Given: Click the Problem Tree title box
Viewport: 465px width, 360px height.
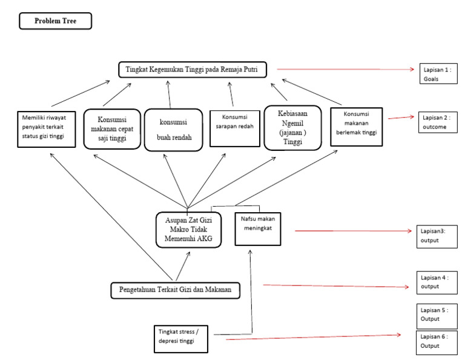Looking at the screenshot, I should tap(55, 22).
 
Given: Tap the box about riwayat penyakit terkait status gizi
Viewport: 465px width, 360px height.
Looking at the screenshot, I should tap(47, 129).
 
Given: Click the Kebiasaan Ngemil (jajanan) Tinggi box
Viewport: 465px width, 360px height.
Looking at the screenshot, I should tap(292, 127).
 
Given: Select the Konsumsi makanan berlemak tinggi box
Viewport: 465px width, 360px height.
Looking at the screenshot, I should tap(358, 127).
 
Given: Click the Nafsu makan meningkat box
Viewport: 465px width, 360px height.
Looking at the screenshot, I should tap(258, 227).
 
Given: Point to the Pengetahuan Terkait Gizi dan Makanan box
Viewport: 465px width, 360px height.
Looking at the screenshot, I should tap(175, 290).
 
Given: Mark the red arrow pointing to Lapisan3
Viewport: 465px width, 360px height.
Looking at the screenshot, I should tap(351, 231).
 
